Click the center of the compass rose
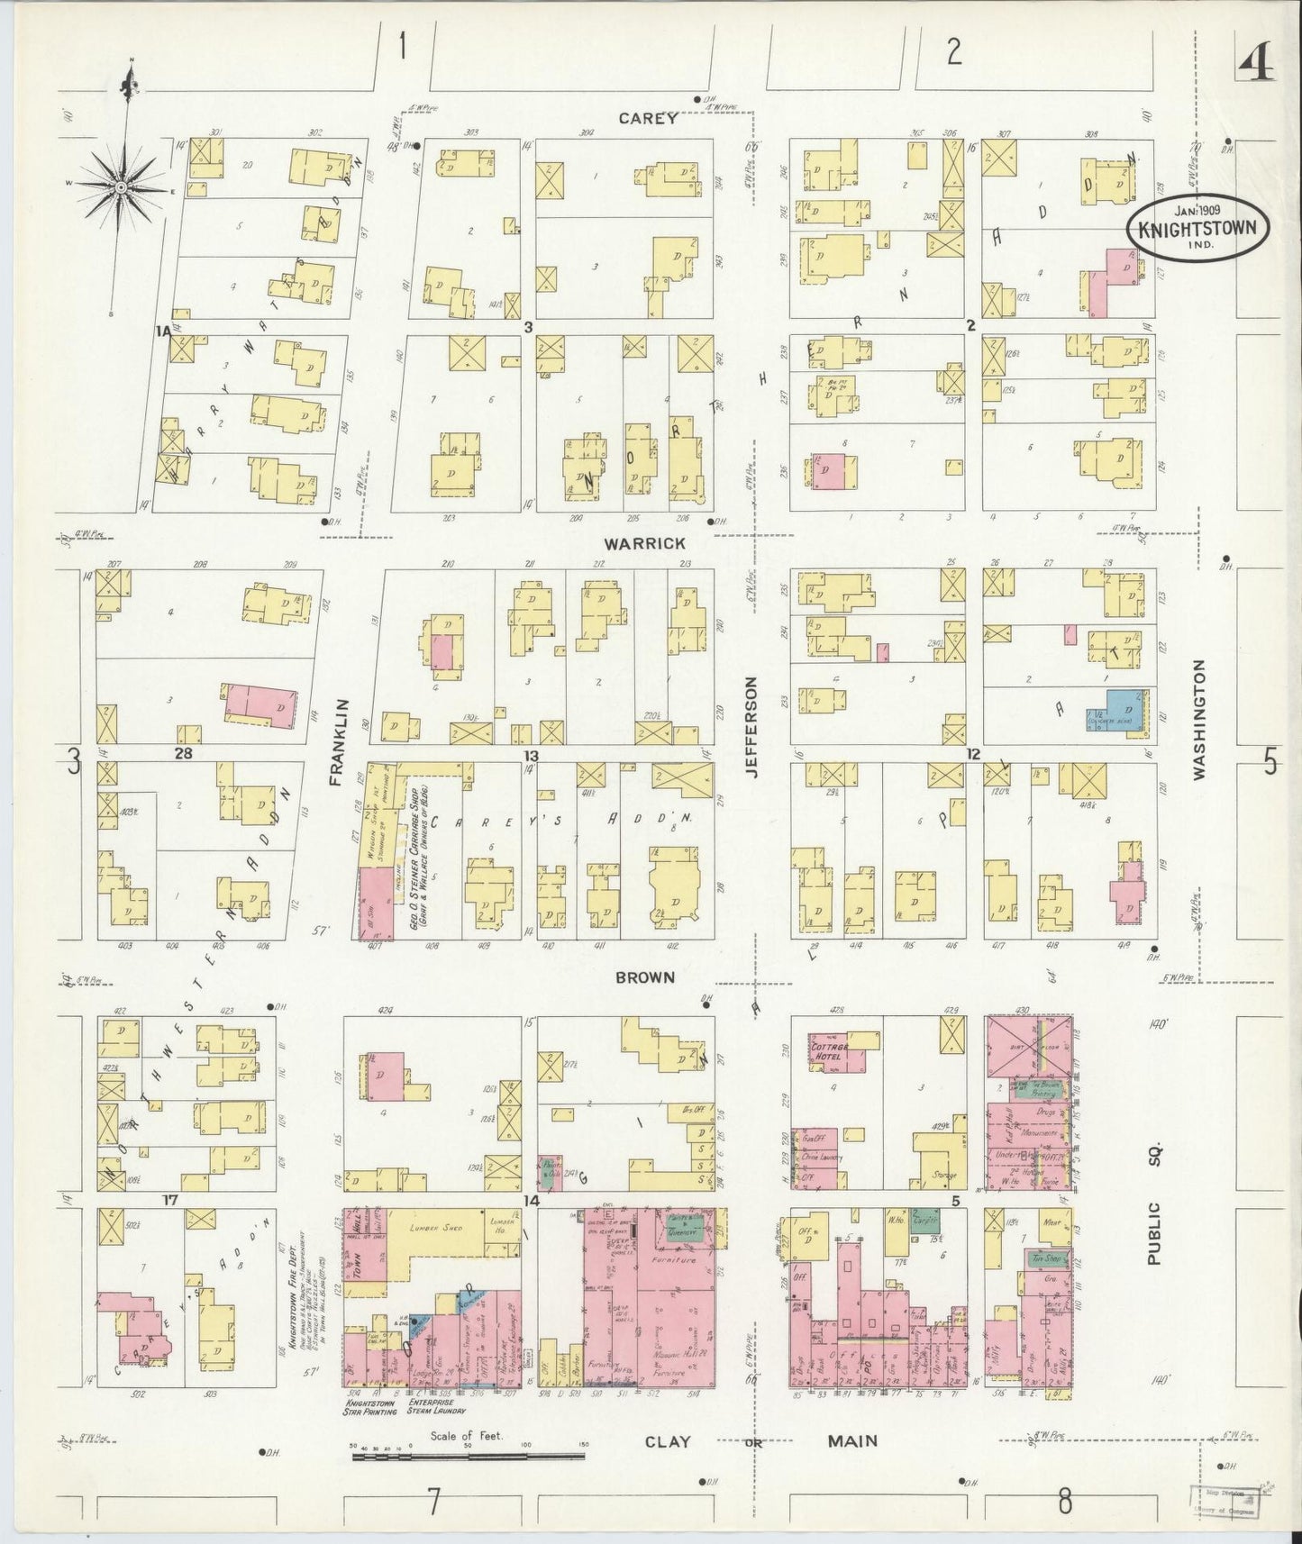click(x=120, y=186)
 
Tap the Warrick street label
click(x=645, y=543)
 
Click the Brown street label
click(x=645, y=976)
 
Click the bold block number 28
click(x=184, y=753)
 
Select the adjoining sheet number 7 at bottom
click(x=434, y=1502)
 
